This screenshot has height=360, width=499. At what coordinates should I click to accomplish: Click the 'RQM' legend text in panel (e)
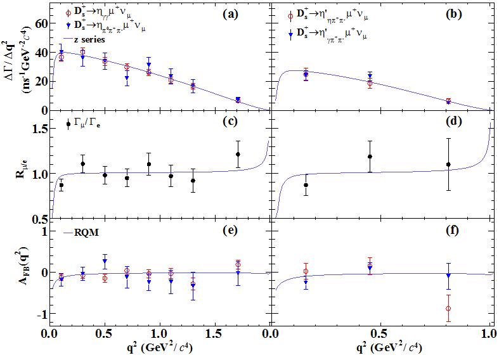88,231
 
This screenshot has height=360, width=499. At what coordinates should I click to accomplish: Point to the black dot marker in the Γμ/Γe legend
68,124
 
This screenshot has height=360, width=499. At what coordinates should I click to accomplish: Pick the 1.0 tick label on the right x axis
488,333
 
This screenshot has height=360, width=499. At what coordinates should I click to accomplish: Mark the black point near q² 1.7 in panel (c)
238,155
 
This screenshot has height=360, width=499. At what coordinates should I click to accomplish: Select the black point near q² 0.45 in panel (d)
370,157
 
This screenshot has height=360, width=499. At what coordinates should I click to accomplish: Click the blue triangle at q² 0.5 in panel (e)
105,261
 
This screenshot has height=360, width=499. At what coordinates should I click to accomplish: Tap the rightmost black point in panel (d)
449,164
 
